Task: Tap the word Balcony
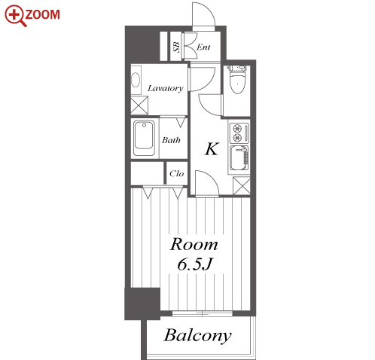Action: [197, 336]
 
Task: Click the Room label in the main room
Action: [194, 244]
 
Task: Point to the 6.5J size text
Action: [195, 264]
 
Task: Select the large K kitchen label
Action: [212, 149]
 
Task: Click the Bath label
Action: [171, 140]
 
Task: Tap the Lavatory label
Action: [166, 88]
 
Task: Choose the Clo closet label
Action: [177, 173]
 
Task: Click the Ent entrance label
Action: [203, 47]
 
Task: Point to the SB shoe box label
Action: [177, 47]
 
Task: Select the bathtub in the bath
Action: [144, 138]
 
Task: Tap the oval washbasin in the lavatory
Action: [136, 80]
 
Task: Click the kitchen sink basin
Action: [239, 158]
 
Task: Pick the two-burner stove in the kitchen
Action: [239, 133]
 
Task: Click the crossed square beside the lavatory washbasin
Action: [139, 105]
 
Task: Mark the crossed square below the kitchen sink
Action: [242, 185]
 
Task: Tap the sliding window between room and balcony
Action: [203, 313]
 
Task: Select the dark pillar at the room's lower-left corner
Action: [142, 304]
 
